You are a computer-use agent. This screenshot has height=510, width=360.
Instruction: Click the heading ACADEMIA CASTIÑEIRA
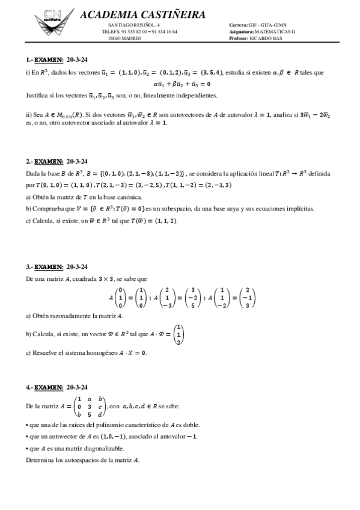pyautogui.click(x=142, y=14)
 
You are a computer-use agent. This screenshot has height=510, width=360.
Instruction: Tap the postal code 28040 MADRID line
pyautogui.click(x=124, y=37)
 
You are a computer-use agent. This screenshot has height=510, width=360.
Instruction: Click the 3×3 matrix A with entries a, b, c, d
pyautogui.click(x=88, y=406)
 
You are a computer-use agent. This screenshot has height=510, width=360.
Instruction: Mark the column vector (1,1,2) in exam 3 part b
pyautogui.click(x=178, y=334)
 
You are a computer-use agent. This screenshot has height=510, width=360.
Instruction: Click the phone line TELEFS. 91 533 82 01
pyautogui.click(x=131, y=31)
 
